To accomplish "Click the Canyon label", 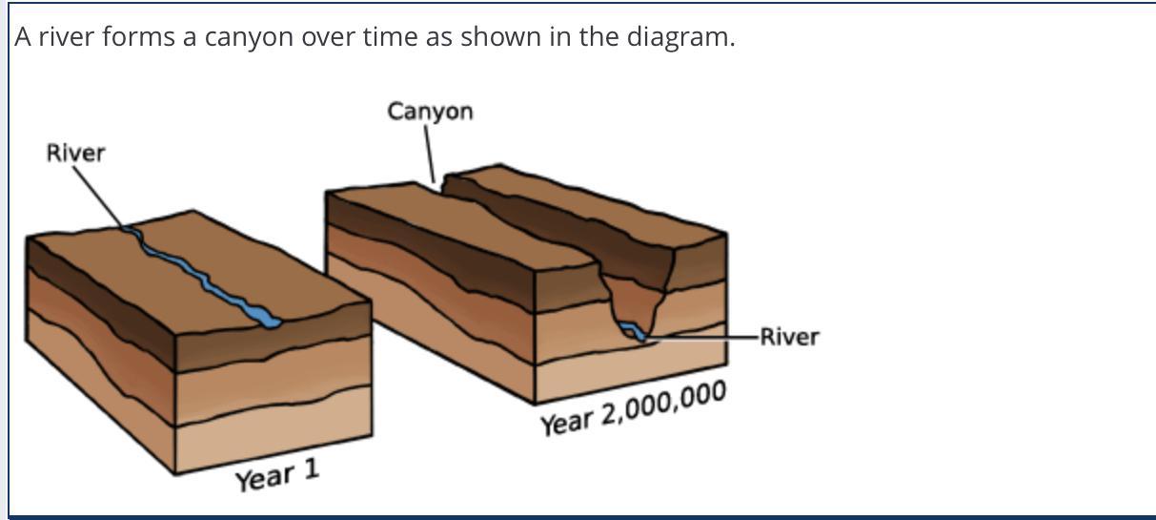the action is (x=430, y=112).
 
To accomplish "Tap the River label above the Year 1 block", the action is (x=75, y=153).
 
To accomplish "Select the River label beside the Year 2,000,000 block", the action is (x=790, y=337).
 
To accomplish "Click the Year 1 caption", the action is (x=277, y=475).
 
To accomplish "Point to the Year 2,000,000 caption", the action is (x=633, y=407).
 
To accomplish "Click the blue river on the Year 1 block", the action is (x=201, y=276).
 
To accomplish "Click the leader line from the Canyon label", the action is (x=430, y=155).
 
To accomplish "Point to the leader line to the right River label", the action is (x=701, y=338).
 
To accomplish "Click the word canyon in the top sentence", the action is (x=249, y=37).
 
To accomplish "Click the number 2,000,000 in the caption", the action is (x=664, y=403).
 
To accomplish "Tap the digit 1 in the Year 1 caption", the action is (x=311, y=469).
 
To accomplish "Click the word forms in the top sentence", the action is (x=138, y=36).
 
